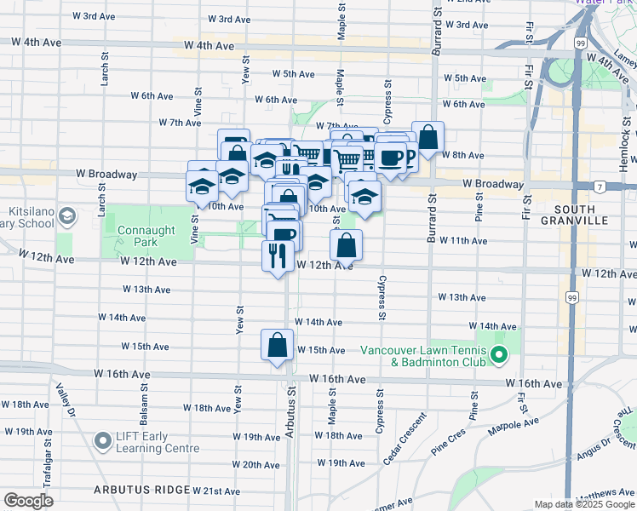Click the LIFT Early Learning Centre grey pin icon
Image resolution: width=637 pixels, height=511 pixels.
(104, 441)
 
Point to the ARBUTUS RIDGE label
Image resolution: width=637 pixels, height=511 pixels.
(141, 491)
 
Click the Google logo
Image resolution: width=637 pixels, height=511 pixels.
(28, 501)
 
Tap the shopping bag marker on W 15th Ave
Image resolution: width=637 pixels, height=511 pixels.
(277, 346)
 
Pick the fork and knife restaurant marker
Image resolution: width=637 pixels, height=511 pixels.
(278, 255)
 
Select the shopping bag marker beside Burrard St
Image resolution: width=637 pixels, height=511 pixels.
(428, 138)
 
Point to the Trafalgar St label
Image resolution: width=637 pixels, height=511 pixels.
(44, 415)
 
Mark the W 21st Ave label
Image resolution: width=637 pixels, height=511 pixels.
(216, 491)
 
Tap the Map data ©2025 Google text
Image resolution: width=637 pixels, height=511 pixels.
(584, 503)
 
